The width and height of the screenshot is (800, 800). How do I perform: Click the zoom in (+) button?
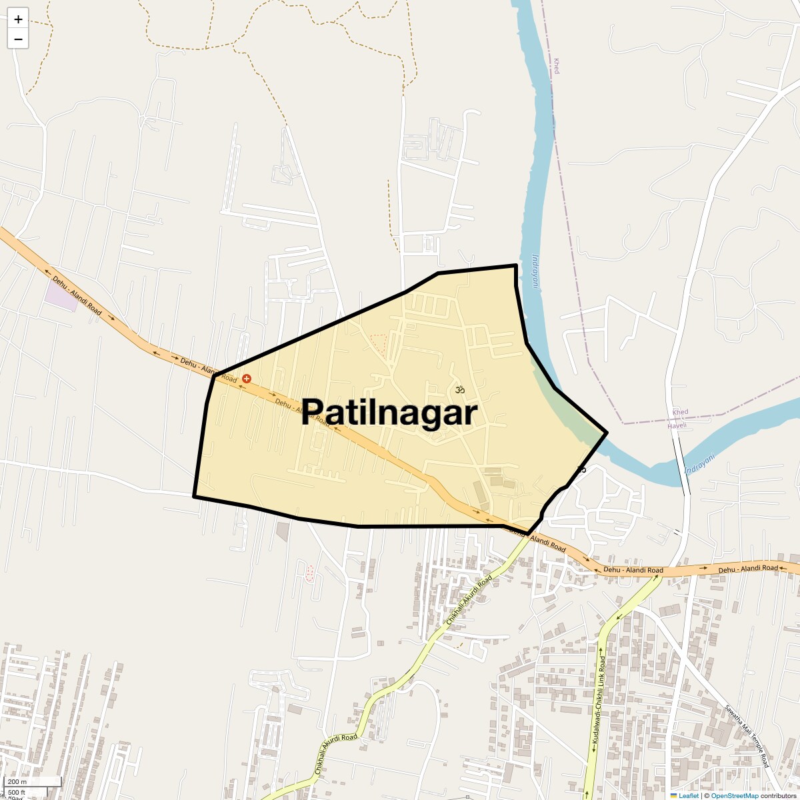point(18,19)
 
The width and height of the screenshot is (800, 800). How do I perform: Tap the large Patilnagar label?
point(389,412)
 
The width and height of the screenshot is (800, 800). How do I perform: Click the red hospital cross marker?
point(247,378)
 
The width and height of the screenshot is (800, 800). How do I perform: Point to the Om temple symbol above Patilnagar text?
point(459,389)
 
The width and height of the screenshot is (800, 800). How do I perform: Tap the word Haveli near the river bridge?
point(677,425)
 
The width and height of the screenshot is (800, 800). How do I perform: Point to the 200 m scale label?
point(17,782)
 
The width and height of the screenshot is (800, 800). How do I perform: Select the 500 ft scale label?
point(17,792)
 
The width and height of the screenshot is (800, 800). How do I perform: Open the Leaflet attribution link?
point(689,795)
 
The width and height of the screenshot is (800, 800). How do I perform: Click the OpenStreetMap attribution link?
point(735,795)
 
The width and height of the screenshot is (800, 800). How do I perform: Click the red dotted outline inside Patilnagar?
point(379,342)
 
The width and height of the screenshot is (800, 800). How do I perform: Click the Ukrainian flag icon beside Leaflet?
point(673,795)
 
